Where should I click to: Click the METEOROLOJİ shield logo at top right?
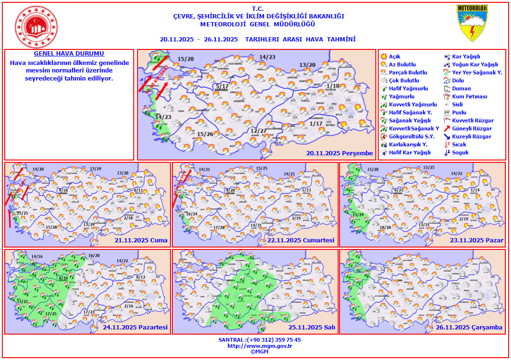click(x=472, y=23)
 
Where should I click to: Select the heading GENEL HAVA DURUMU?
click(x=69, y=54)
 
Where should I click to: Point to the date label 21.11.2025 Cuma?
click(x=141, y=240)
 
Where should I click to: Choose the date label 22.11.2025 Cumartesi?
click(x=301, y=240)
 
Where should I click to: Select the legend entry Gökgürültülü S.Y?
click(x=408, y=136)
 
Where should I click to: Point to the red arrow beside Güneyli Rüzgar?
click(x=447, y=128)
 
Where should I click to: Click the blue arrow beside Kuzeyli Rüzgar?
click(x=447, y=136)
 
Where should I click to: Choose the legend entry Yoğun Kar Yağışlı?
click(x=475, y=64)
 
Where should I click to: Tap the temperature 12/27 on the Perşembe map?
click(x=259, y=130)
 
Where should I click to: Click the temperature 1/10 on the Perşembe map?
click(x=333, y=86)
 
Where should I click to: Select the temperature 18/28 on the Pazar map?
click(x=385, y=228)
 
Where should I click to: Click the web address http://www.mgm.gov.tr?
click(x=260, y=346)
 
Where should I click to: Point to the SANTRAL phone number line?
click(x=260, y=340)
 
